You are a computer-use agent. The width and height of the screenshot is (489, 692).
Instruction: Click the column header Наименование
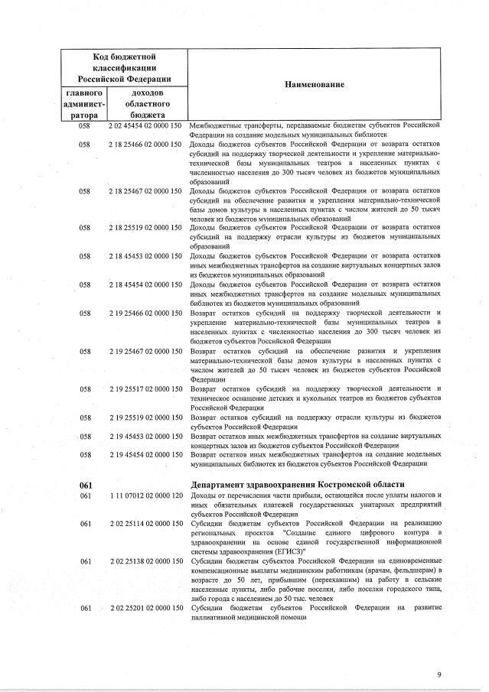pos(314,84)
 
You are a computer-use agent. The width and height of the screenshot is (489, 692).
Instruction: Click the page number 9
pos(439,674)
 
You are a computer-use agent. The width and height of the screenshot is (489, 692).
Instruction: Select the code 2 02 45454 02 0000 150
pos(145,124)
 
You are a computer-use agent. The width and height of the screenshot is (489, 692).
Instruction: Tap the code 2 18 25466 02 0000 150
pos(145,143)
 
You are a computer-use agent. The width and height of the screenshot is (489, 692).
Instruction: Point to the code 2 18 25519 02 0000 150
pos(145,228)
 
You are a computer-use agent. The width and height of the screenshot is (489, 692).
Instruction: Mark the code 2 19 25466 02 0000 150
pos(145,313)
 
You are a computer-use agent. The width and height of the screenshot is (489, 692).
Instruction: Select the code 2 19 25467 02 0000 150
pos(145,351)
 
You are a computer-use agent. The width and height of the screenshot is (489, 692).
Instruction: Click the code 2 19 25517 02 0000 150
pos(145,389)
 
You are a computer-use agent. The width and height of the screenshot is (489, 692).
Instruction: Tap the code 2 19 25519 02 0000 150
pos(145,417)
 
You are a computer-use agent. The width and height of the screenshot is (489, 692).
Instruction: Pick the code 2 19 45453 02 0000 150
pos(145,437)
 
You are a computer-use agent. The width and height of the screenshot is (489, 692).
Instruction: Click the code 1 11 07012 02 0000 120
pos(145,496)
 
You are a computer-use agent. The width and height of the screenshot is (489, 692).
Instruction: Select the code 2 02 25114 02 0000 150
pos(145,524)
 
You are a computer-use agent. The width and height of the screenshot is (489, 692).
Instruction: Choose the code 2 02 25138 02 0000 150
pos(145,561)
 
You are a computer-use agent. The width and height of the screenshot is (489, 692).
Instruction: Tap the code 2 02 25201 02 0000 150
pos(145,608)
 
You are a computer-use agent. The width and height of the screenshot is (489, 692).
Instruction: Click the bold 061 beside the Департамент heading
pos(85,485)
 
